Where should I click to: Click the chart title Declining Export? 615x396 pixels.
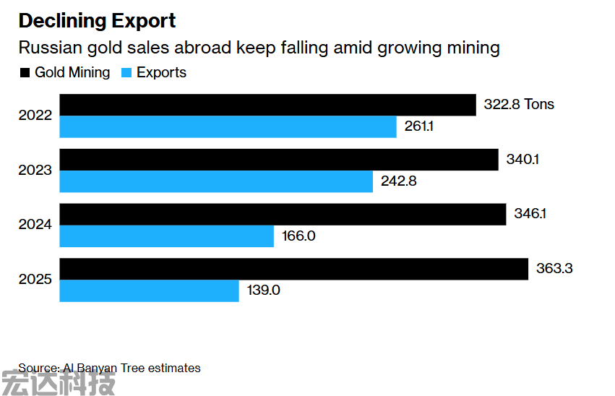(x=97, y=21)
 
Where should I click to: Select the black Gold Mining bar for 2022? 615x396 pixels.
(x=267, y=105)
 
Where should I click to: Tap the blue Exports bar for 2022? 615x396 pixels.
(x=228, y=126)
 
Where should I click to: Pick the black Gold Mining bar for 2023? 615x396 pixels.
(x=279, y=160)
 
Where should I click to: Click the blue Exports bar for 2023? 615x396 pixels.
(x=216, y=181)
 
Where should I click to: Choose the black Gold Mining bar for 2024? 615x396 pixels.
(x=283, y=215)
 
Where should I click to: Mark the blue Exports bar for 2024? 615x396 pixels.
(x=166, y=236)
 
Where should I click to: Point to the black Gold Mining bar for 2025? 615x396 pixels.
(x=293, y=269)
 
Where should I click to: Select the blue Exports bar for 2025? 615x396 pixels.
(x=149, y=290)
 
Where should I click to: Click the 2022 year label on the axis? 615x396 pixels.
(x=35, y=116)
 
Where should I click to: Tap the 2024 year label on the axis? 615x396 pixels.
(x=35, y=225)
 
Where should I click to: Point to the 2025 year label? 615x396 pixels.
(x=35, y=280)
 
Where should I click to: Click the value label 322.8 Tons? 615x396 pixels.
(x=519, y=104)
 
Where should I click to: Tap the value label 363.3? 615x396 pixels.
(x=554, y=269)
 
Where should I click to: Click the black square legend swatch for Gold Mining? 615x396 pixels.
(x=25, y=73)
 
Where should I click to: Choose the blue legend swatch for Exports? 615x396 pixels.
(x=126, y=73)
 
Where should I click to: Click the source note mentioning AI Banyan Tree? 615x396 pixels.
(x=109, y=368)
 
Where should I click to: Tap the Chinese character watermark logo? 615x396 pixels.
(x=58, y=383)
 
